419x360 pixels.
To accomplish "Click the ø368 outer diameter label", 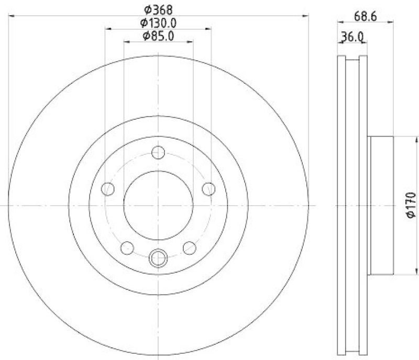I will tap(158, 9).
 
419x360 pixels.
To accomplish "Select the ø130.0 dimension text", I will tap(158, 22).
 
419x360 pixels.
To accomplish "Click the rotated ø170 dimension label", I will tap(410, 205).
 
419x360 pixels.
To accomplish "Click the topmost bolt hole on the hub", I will tap(158, 152).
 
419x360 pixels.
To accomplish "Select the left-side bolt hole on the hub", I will tap(108, 188).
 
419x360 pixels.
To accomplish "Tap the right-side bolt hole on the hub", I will tap(208, 188).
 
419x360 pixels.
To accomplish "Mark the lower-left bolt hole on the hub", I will tap(127, 247).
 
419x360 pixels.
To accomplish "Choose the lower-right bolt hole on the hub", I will tap(189, 247).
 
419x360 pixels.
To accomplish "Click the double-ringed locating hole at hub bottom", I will tap(158, 257).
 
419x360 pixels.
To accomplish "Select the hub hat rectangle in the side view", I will tap(381, 205).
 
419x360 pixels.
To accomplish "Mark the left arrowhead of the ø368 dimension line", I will tap(12, 17).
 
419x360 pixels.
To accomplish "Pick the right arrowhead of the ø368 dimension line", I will tap(306, 17).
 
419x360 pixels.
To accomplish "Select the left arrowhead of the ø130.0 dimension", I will tap(107, 29).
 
